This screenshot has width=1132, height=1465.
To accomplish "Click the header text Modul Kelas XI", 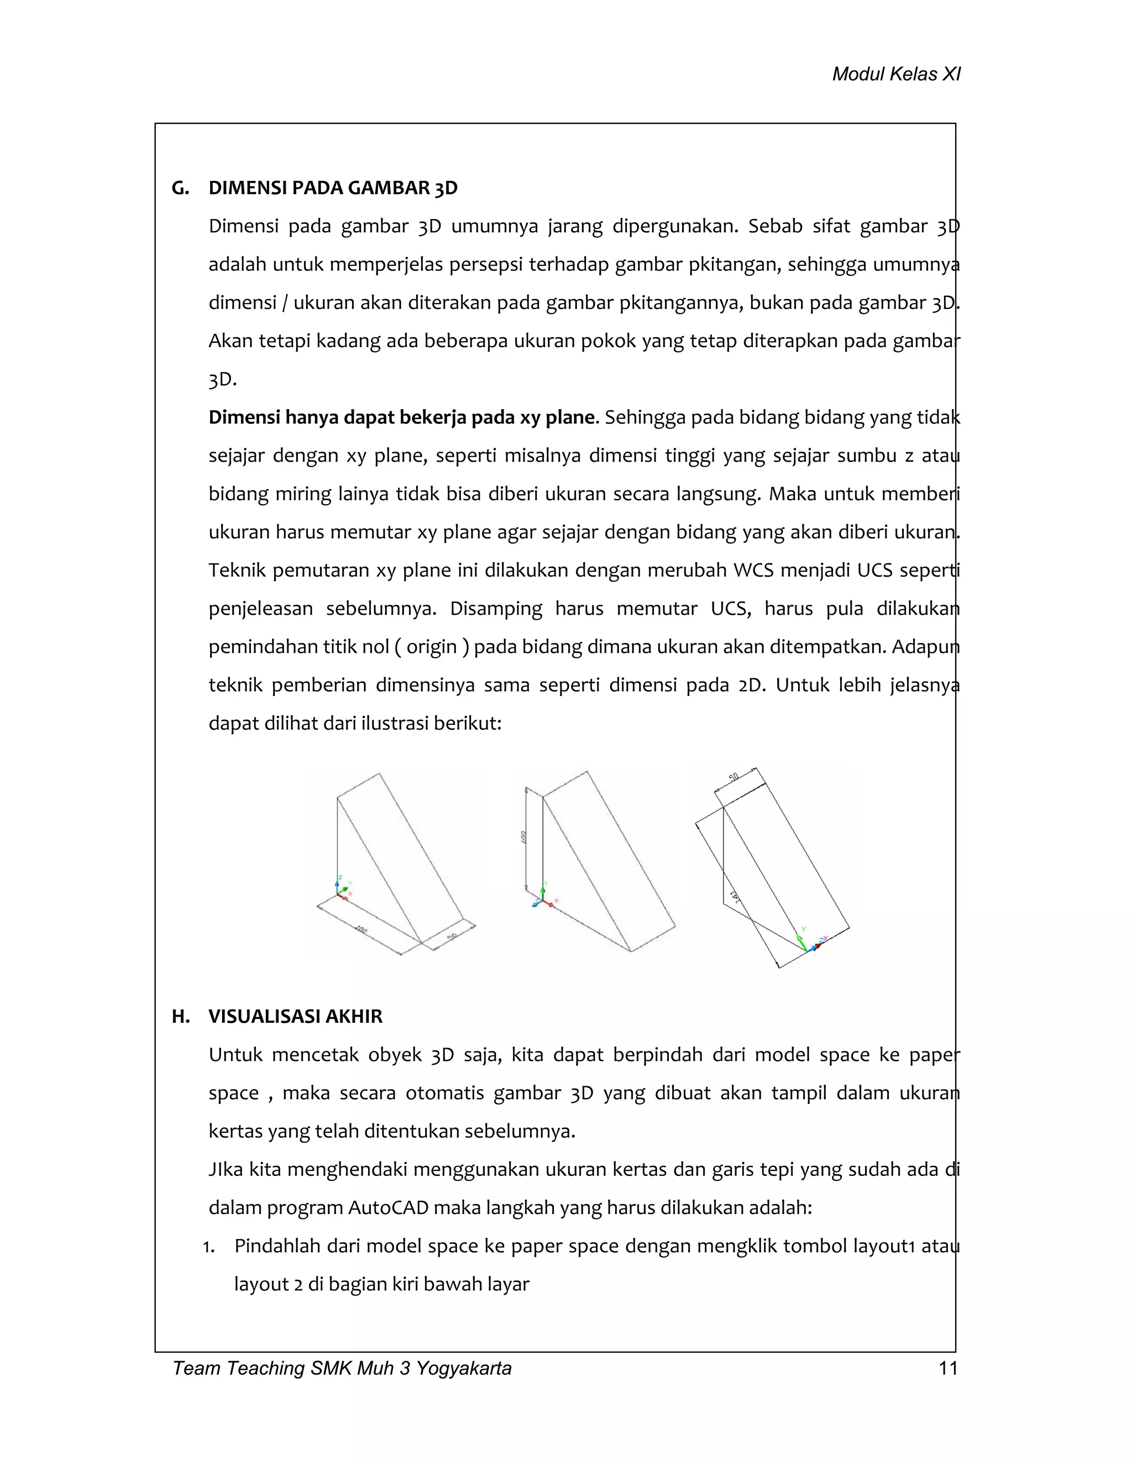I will [896, 74].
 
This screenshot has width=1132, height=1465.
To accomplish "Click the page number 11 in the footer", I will [947, 1368].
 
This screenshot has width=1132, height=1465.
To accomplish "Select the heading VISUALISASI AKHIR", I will [295, 1016].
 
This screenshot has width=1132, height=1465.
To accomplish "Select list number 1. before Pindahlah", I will [208, 1247].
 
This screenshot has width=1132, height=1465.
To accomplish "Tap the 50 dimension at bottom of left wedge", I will [452, 936].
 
